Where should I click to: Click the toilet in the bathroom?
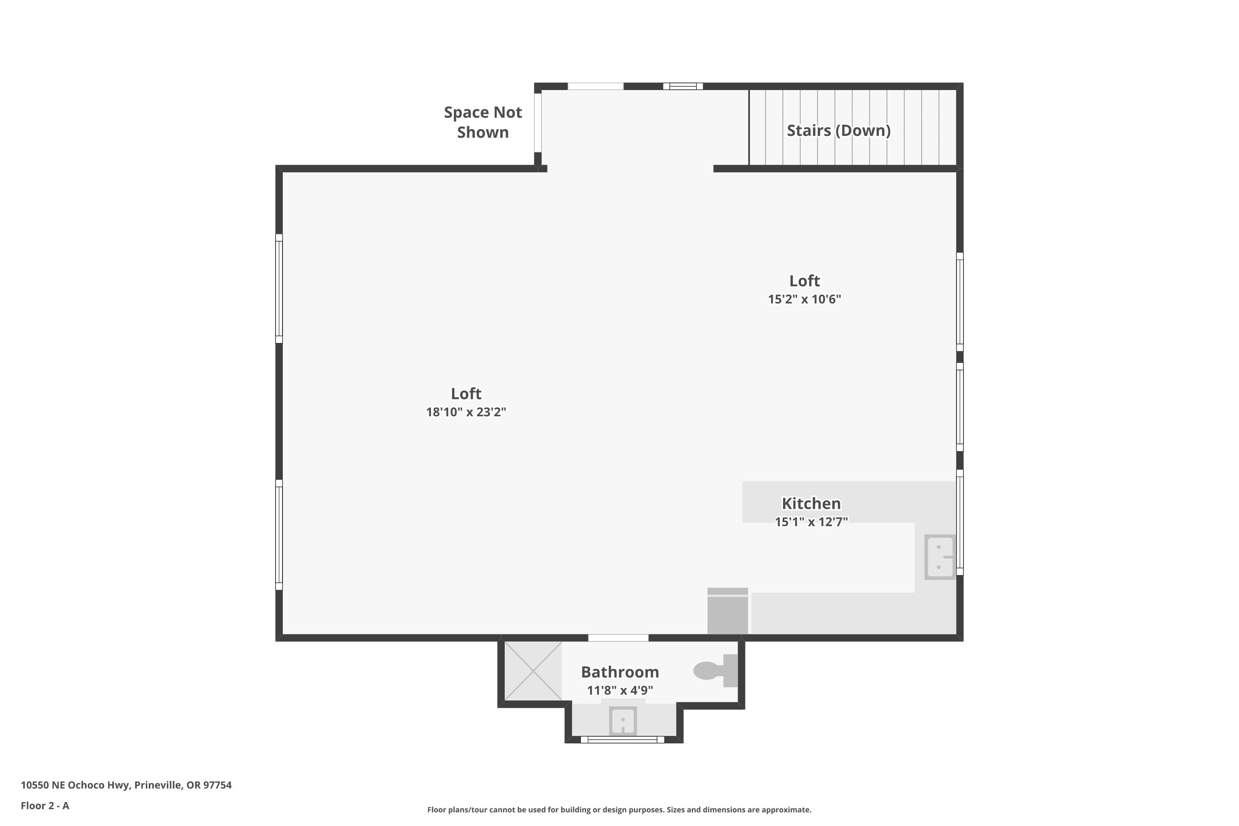click(x=715, y=671)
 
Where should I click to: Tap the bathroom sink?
click(x=623, y=720)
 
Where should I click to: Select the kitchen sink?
click(x=940, y=557)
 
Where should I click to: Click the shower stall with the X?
click(x=533, y=671)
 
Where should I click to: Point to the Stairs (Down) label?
click(x=839, y=131)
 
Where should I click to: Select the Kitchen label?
click(x=811, y=503)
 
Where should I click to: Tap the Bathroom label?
click(x=620, y=672)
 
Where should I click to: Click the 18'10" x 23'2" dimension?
click(x=466, y=412)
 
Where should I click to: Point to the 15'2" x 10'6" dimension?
click(x=805, y=299)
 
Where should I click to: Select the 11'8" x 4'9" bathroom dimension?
click(x=620, y=690)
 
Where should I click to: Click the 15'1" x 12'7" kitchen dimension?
click(x=811, y=522)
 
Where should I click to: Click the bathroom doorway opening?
click(x=618, y=638)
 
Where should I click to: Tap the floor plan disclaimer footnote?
click(x=619, y=809)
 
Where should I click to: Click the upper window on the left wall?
click(x=279, y=289)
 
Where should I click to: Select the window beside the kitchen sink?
click(x=960, y=522)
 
